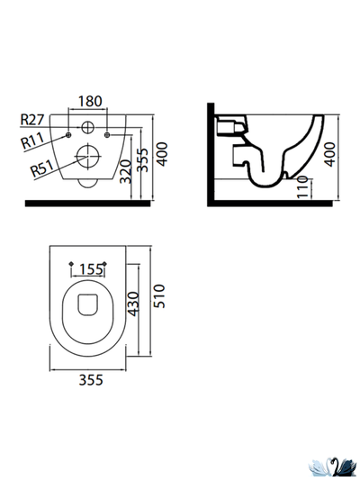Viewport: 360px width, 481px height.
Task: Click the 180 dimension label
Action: click(90, 101)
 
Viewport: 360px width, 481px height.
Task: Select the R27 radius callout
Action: click(32, 119)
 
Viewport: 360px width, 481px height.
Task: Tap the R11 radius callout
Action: click(32, 141)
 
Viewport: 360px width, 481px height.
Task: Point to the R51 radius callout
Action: click(42, 168)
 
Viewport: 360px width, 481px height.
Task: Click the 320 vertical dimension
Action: click(126, 171)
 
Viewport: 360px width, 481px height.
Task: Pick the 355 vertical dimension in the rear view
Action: click(142, 159)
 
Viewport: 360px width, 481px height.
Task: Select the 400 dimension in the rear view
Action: click(163, 154)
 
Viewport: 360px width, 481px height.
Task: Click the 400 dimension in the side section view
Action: click(330, 154)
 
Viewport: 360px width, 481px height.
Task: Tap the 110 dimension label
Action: click(302, 187)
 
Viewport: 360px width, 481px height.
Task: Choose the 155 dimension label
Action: click(91, 269)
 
